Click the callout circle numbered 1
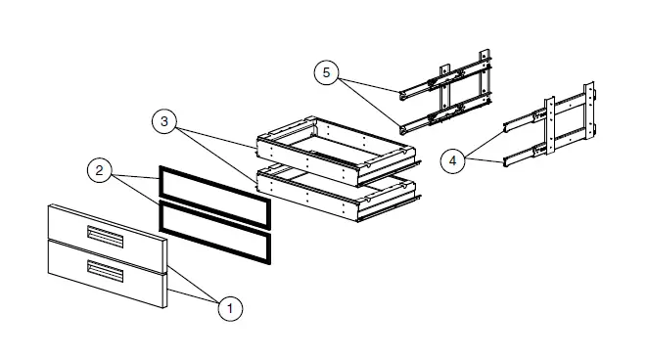pos(229,308)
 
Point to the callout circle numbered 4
pos(451,160)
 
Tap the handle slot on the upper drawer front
pos(106,236)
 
